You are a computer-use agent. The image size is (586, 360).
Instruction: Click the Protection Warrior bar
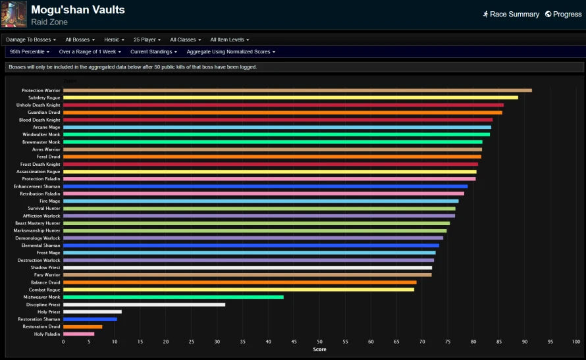(298, 90)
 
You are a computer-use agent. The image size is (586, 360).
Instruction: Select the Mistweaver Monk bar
(173, 297)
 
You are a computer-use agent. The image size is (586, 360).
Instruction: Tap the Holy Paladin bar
(78, 334)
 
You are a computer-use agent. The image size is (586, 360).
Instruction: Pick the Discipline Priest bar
(144, 305)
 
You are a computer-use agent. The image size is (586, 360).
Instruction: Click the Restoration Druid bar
(82, 326)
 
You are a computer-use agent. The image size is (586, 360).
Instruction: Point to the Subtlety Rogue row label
(44, 98)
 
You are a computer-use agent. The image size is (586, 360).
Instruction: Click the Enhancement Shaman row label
(37, 186)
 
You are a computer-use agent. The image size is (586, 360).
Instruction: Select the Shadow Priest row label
(45, 268)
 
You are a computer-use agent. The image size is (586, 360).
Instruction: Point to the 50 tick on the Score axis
(319, 342)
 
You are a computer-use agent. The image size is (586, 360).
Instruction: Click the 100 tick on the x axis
(576, 342)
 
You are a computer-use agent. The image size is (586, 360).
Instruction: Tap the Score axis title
(319, 349)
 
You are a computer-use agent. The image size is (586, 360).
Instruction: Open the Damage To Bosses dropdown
(31, 39)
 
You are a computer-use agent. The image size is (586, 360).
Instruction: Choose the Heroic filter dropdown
(114, 39)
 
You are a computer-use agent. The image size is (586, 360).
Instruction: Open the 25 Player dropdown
(147, 39)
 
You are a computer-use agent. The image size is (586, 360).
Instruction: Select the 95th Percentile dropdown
(30, 52)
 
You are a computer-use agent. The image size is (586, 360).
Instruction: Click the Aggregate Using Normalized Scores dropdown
(231, 52)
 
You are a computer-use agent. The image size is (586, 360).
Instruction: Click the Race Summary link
(511, 14)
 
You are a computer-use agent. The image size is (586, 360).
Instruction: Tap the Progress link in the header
(564, 14)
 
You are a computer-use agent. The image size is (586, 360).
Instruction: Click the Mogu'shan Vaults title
(78, 10)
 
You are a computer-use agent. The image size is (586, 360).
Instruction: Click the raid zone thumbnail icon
(14, 14)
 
